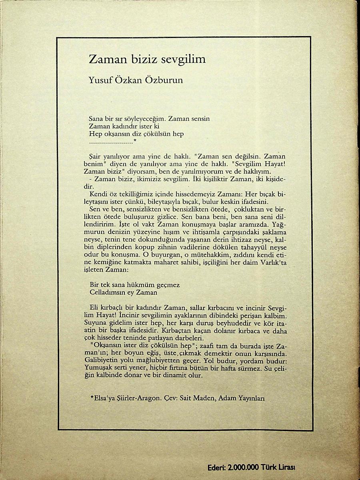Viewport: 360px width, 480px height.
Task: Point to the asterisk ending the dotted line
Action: [135, 141]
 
